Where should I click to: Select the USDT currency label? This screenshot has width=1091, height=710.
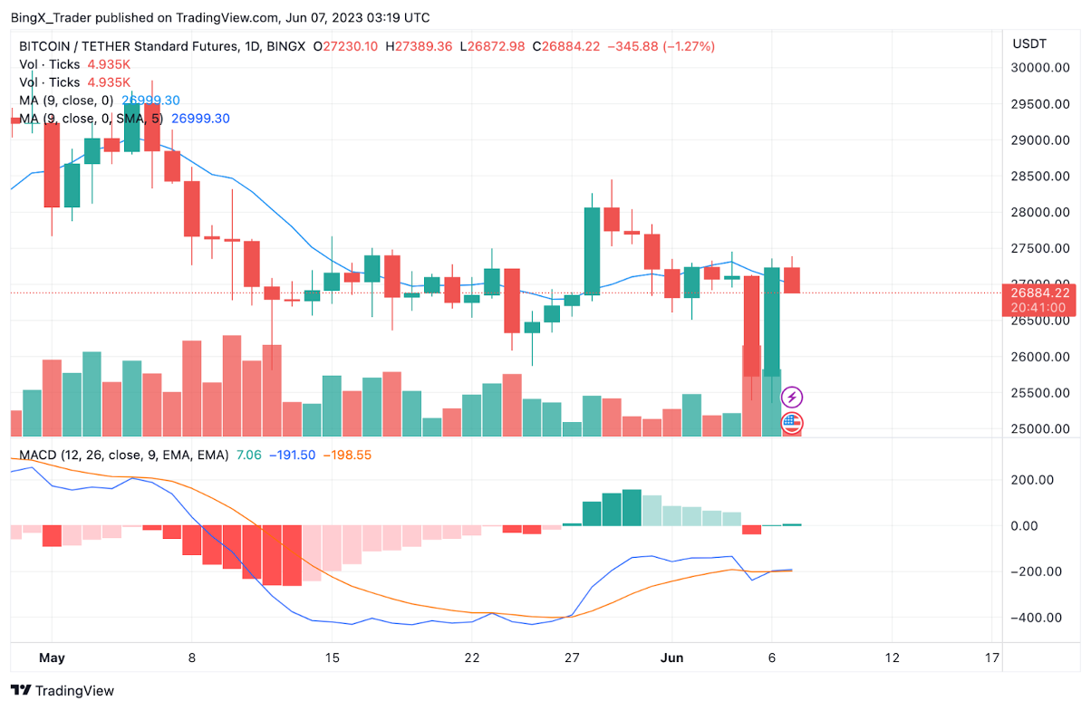coord(1029,43)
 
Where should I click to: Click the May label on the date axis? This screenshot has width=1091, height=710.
coord(53,657)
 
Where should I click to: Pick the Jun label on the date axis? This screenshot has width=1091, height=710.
coord(671,657)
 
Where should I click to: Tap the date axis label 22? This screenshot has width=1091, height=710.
coord(471,657)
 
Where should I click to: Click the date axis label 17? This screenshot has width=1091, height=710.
coord(992,657)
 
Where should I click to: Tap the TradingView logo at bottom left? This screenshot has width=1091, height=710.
coord(63,691)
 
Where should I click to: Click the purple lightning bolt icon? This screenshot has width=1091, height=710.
coord(792,397)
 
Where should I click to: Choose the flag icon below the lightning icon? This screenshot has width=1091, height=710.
coord(792,422)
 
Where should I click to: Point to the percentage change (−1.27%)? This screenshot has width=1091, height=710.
coord(688,46)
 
